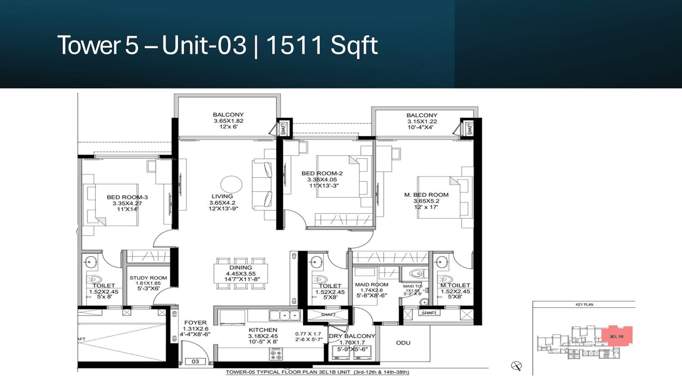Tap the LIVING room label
(222, 197)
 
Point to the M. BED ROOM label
(426, 195)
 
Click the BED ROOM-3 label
(127, 197)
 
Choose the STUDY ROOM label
(148, 278)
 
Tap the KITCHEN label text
(263, 330)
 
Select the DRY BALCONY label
(352, 336)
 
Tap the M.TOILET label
(454, 286)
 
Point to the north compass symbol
(515, 365)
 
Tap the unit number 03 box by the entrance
(195, 362)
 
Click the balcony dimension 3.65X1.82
(228, 121)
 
